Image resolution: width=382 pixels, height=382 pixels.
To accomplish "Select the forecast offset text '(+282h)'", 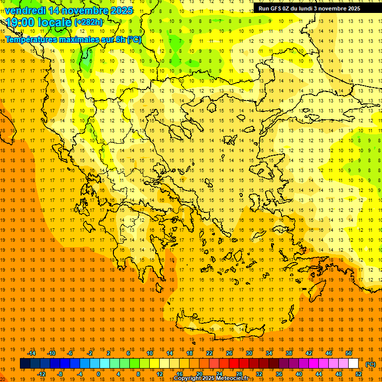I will (x=89, y=22).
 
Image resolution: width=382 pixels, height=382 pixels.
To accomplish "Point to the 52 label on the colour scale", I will (x=359, y=374).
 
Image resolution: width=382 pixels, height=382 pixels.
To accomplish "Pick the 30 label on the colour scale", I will (x=249, y=353).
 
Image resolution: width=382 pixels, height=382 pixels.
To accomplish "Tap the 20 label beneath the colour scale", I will (x=199, y=374).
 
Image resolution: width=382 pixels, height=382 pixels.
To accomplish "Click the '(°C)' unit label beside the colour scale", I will (x=371, y=364).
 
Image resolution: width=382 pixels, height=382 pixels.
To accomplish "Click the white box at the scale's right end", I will (x=354, y=364).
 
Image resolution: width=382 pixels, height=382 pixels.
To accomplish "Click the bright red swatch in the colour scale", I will (x=234, y=364).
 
